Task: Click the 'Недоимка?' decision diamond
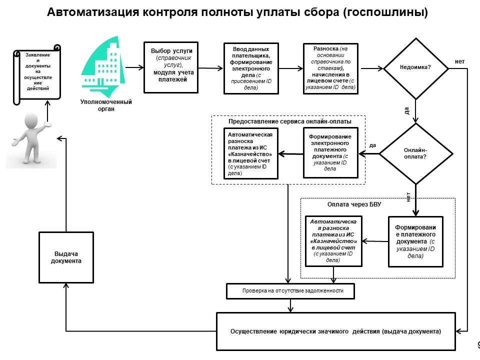point(415,68)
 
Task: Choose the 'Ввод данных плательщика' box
point(250,68)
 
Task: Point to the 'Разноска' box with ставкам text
point(330,68)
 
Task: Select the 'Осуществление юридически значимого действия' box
point(335,331)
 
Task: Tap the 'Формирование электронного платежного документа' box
point(330,152)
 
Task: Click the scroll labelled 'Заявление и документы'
point(36,74)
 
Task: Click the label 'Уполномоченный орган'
point(106,105)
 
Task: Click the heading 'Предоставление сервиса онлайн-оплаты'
point(289,121)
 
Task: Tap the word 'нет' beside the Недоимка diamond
point(459,61)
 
